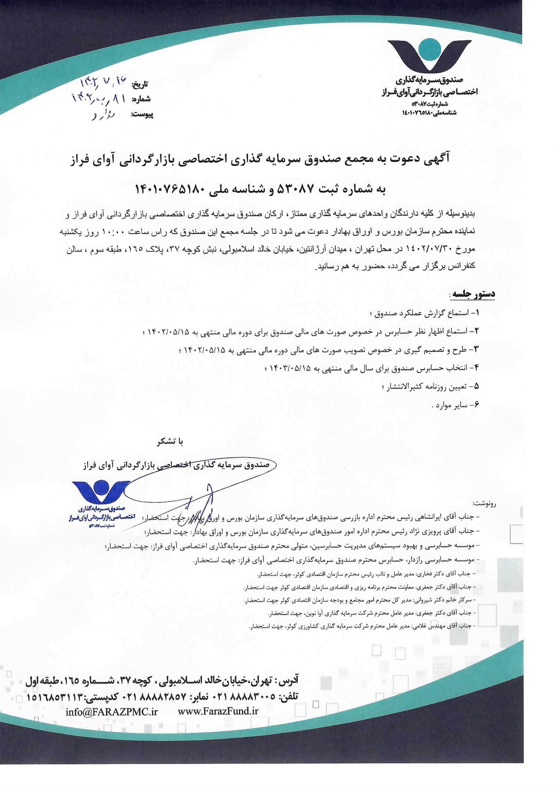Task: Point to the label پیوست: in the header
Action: click(142, 115)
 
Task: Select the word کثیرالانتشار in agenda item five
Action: click(407, 387)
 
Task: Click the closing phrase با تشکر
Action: click(170, 442)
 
